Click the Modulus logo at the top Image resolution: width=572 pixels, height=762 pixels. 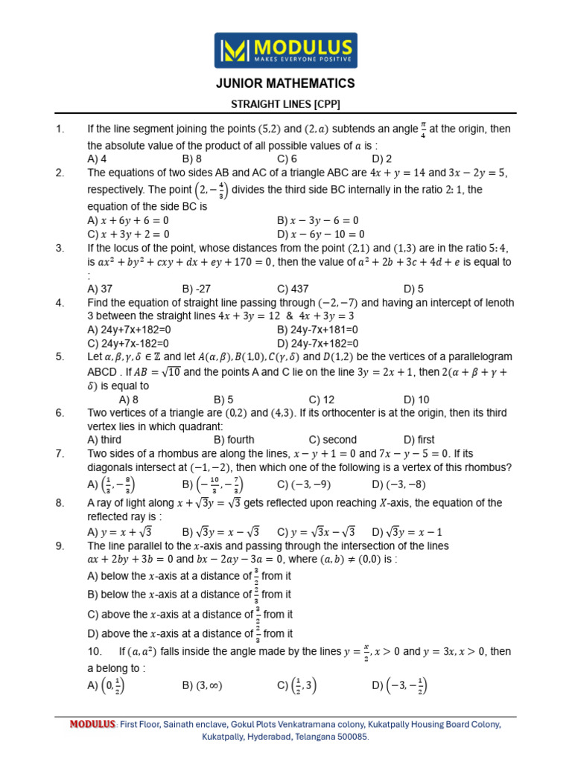pyautogui.click(x=285, y=50)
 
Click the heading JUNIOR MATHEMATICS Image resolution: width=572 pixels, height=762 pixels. pyautogui.click(x=285, y=83)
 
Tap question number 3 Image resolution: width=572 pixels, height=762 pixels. pyautogui.click(x=59, y=248)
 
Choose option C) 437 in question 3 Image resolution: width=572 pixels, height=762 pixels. pyautogui.click(x=293, y=288)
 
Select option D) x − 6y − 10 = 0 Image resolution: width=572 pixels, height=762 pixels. pyautogui.click(x=321, y=234)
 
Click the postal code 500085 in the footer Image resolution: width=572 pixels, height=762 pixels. pyautogui.click(x=351, y=736)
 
